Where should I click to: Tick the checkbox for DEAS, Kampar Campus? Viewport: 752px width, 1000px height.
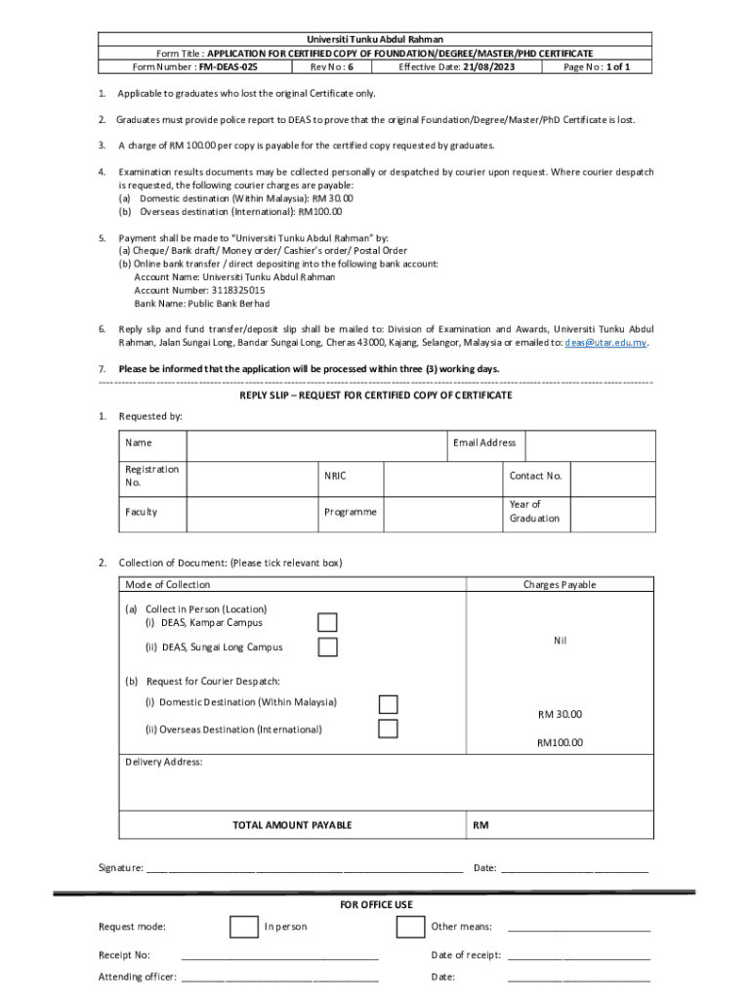click(327, 623)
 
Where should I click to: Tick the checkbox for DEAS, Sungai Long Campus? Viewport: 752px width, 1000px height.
click(327, 647)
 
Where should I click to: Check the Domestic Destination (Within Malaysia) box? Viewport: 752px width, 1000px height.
click(388, 704)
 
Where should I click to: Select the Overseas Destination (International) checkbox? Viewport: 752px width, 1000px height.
click(388, 729)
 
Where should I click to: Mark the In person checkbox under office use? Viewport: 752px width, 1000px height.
click(243, 927)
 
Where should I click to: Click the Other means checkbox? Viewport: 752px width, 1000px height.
click(410, 927)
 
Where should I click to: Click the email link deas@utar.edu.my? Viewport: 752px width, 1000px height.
click(606, 343)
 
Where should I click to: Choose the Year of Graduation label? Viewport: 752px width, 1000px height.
click(534, 512)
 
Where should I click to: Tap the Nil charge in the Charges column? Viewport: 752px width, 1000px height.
click(560, 641)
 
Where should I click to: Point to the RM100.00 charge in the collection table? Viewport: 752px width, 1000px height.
click(560, 742)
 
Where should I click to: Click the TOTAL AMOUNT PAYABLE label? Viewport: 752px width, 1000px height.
click(292, 825)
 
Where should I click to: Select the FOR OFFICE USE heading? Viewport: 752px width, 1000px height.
click(376, 904)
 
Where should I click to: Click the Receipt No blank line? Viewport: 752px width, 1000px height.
click(279, 956)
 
